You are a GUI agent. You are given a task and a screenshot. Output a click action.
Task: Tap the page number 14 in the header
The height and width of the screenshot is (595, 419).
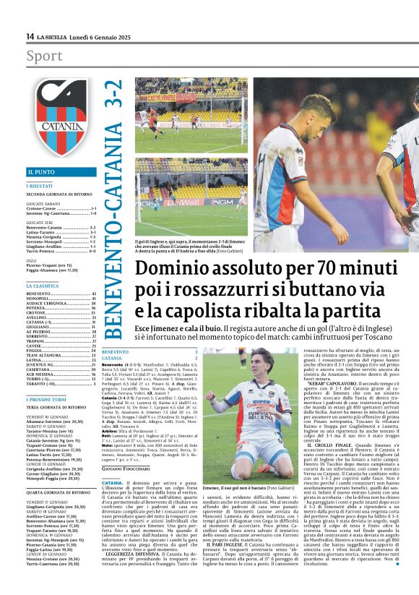coord(30,36)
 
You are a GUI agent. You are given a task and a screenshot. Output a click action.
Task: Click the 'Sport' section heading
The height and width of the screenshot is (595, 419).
coord(44,56)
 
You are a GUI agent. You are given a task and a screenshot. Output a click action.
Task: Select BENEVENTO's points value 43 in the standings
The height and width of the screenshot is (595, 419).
coord(93,294)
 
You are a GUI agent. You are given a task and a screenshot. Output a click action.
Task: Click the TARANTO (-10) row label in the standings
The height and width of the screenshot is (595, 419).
coord(43,384)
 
